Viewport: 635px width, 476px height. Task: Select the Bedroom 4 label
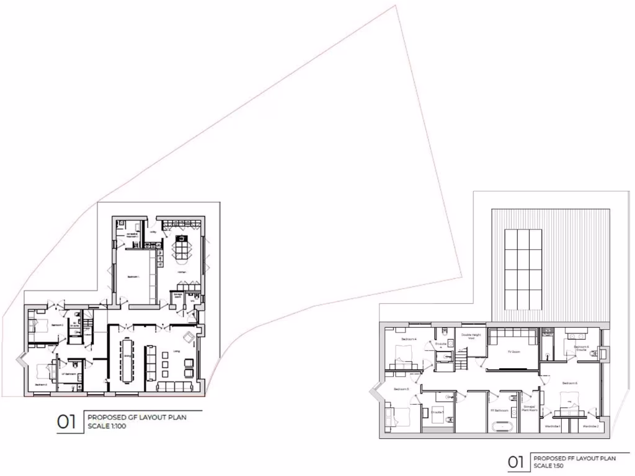pos(409,340)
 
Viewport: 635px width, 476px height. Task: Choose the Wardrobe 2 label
pos(590,426)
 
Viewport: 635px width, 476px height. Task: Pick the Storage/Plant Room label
pos(530,410)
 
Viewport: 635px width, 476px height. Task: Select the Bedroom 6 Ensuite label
pos(581,348)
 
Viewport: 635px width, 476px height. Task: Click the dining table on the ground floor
pos(127,359)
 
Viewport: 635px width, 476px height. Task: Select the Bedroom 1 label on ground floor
pos(133,276)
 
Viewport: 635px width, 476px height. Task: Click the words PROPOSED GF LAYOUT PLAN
pos(136,417)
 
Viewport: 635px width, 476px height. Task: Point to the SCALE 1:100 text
pos(107,425)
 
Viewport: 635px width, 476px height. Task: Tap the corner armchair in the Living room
pos(189,337)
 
